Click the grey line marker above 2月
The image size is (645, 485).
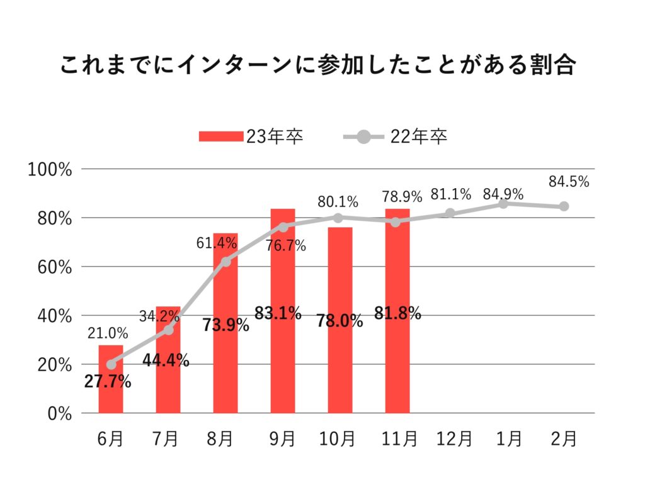tap(564, 206)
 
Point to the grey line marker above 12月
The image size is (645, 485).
tap(450, 213)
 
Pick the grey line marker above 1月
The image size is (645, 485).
tap(503, 204)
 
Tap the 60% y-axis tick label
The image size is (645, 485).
tap(54, 267)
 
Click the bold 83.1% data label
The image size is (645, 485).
tap(278, 313)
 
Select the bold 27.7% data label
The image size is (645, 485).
tap(107, 381)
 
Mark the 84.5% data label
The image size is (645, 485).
tap(569, 182)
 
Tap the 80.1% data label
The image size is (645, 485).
tap(338, 202)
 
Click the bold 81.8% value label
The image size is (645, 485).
tap(397, 313)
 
